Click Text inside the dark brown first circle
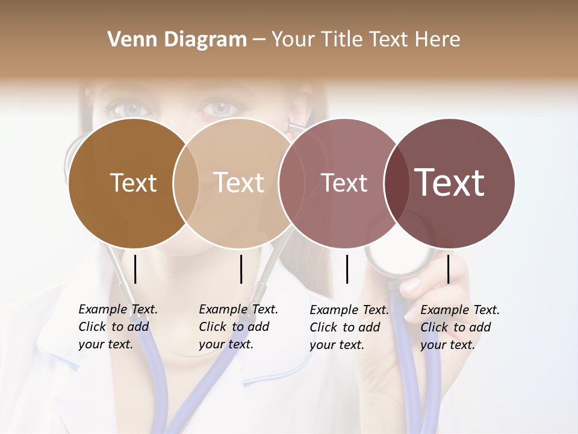pyautogui.click(x=133, y=183)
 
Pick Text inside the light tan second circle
pyautogui.click(x=238, y=183)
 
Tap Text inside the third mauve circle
pyautogui.click(x=344, y=183)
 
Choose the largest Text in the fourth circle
pyautogui.click(x=450, y=183)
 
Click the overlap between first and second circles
pyautogui.click(x=186, y=183)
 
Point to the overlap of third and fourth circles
pyautogui.click(x=396, y=183)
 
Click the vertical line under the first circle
pyautogui.click(x=135, y=269)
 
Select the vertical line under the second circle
pyautogui.click(x=241, y=269)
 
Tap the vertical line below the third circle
pyautogui.click(x=347, y=269)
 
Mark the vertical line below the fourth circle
pyautogui.click(x=448, y=269)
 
